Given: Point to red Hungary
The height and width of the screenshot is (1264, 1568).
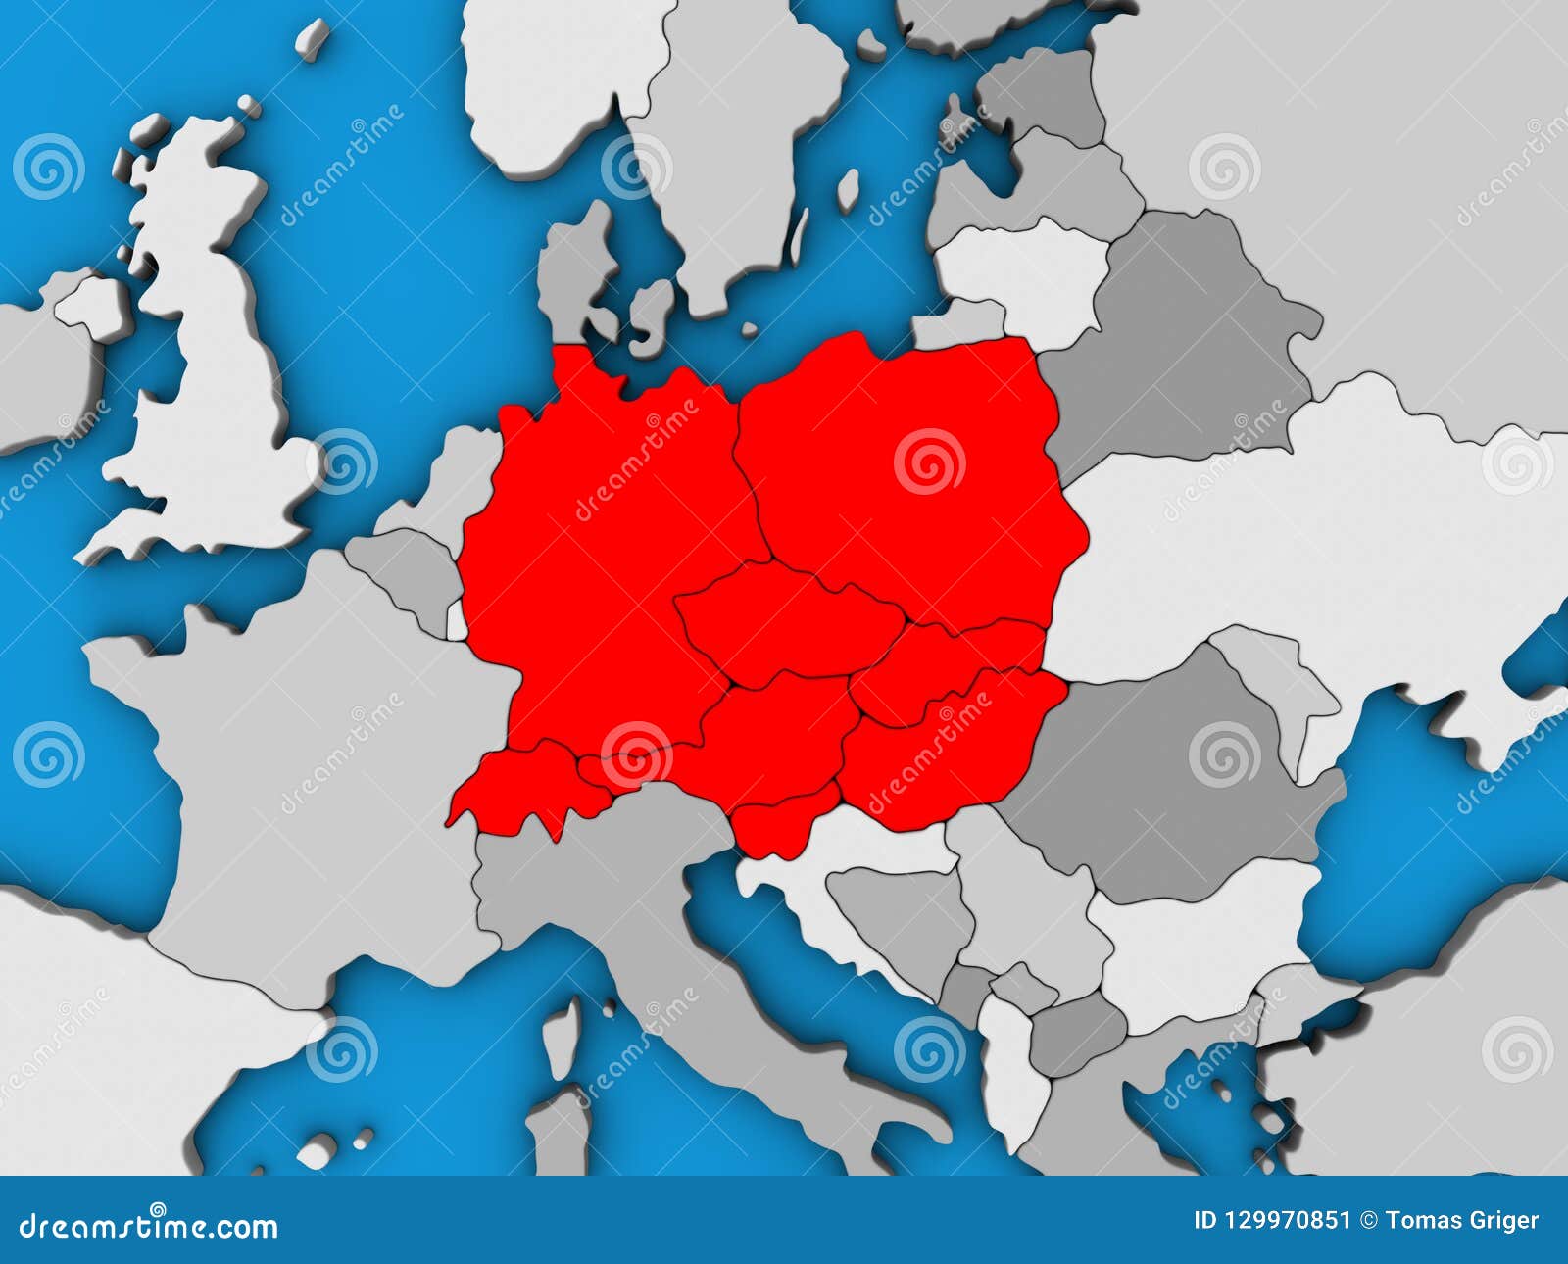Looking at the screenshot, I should [941, 754].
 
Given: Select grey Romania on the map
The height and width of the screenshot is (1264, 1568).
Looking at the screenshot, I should [1176, 774].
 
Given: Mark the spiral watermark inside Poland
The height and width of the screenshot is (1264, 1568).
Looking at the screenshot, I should [929, 461].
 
